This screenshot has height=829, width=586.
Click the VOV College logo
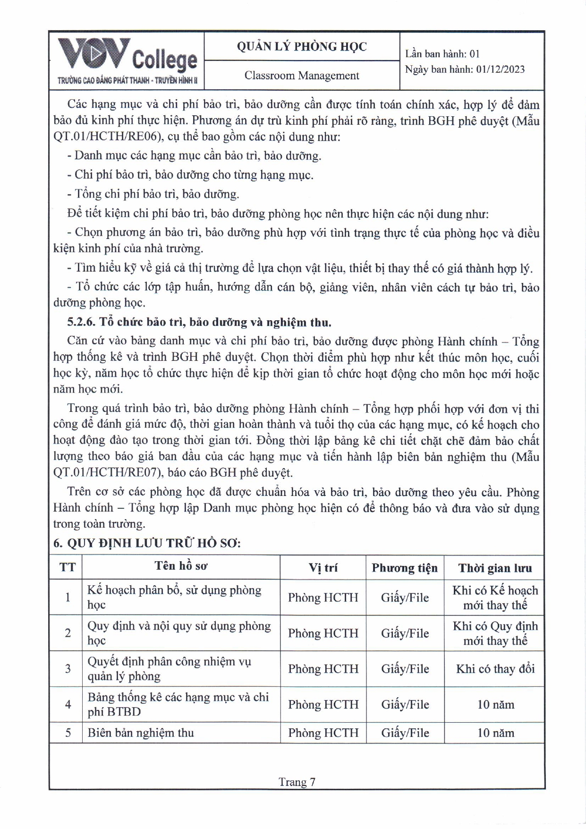point(127,60)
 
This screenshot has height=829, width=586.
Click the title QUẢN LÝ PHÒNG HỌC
point(301,46)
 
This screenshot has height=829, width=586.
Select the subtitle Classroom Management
point(301,76)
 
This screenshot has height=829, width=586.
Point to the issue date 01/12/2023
point(500,69)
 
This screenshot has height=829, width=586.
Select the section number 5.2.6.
point(81,322)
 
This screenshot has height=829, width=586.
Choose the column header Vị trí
point(323,568)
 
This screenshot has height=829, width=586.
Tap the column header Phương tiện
point(405,568)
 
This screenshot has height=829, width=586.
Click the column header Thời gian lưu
point(494,568)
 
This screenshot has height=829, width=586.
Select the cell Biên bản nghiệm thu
point(141,733)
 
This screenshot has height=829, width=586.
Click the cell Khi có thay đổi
point(495,669)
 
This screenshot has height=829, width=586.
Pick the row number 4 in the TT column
point(68,704)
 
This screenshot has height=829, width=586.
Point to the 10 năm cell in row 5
point(495,733)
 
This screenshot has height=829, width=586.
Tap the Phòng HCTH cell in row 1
point(323,598)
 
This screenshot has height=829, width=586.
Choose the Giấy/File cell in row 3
point(405,669)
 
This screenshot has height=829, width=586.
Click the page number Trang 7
point(297,782)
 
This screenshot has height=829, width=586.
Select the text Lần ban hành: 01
point(442,54)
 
